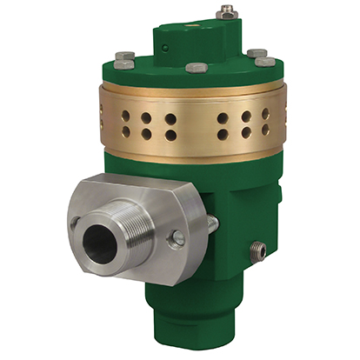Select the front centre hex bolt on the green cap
coord(196,67)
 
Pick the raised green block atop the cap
coord(196,37)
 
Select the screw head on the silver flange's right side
coord(177,237)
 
